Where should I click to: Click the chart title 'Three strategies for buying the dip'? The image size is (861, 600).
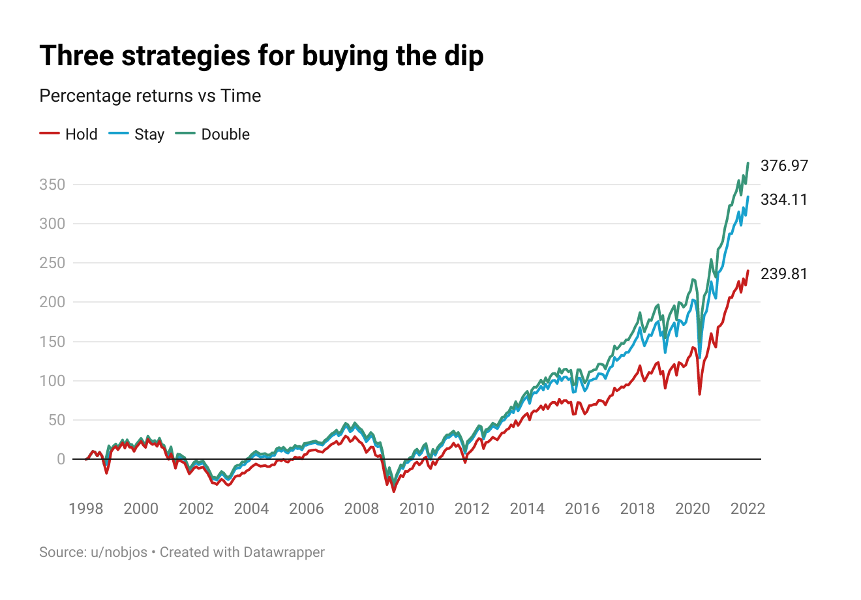pyautogui.click(x=261, y=56)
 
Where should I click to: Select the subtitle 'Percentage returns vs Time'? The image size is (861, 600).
pyautogui.click(x=150, y=96)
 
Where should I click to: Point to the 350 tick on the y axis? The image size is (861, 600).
pyautogui.click(x=52, y=185)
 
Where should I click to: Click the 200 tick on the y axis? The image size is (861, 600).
pyautogui.click(x=52, y=302)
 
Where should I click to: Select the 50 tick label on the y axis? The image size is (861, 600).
pyautogui.click(x=57, y=420)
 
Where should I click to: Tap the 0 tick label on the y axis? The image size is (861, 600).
pyautogui.click(x=61, y=459)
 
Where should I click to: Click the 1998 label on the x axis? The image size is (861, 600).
pyautogui.click(x=86, y=509)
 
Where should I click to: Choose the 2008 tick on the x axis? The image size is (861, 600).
pyautogui.click(x=361, y=509)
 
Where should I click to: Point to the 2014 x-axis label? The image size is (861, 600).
pyautogui.click(x=527, y=509)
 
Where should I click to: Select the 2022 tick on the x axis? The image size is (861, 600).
pyautogui.click(x=748, y=509)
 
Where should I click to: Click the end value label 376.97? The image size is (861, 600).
pyautogui.click(x=784, y=166)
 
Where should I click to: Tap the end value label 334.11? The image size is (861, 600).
pyautogui.click(x=784, y=200)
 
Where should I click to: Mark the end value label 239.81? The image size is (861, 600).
pyautogui.click(x=784, y=274)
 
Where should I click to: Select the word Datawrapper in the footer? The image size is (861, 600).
pyautogui.click(x=284, y=552)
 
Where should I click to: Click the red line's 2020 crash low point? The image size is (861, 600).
pyautogui.click(x=699, y=394)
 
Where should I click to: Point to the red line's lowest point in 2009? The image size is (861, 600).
pyautogui.click(x=393, y=491)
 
